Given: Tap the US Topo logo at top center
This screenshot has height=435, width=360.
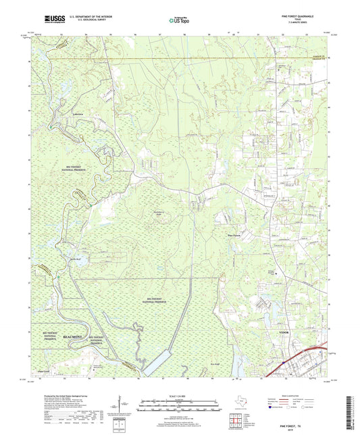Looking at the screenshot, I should pos(179,21).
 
